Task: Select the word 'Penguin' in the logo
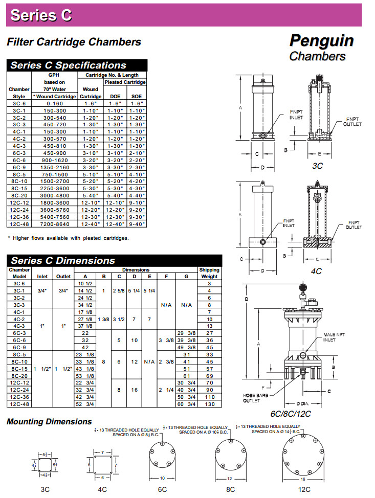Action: [x=321, y=40]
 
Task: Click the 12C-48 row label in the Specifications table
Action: [x=19, y=224]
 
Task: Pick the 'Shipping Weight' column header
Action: [x=209, y=273]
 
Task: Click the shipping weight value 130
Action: [x=209, y=403]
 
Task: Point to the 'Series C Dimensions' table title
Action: [x=63, y=260]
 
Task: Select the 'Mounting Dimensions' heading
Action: [x=49, y=421]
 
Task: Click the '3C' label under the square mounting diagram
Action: [x=45, y=489]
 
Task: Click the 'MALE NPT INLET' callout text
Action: [x=334, y=337]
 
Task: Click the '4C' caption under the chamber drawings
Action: [x=317, y=271]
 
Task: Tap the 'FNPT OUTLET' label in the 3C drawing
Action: [x=352, y=122]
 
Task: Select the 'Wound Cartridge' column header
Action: [x=91, y=93]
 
